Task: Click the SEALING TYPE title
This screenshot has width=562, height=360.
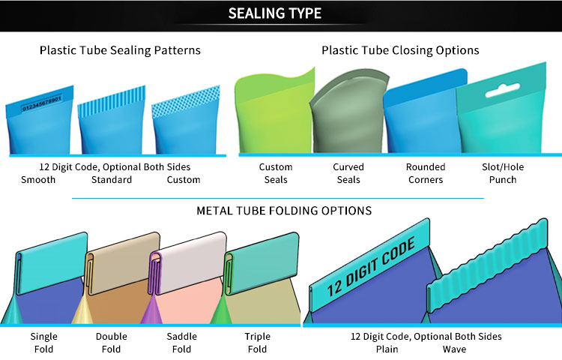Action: (x=275, y=13)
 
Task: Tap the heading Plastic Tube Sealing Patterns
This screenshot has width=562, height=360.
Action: (x=120, y=50)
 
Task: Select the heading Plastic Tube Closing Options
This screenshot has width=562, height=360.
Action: (x=400, y=50)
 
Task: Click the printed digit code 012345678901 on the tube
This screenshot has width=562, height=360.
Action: (x=42, y=103)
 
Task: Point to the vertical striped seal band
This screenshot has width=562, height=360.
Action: (x=112, y=101)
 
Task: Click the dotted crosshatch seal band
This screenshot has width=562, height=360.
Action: (x=186, y=101)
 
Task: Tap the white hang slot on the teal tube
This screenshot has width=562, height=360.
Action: (x=503, y=90)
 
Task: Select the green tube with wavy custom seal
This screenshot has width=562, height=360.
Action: (x=274, y=111)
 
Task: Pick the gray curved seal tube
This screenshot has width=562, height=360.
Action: (x=348, y=112)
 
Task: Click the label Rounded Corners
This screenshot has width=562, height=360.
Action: (x=426, y=173)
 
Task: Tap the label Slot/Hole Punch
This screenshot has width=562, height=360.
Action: (x=503, y=173)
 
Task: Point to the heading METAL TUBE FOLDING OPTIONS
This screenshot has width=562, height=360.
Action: (x=284, y=211)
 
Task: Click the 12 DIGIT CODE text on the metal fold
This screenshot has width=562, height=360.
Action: (x=372, y=267)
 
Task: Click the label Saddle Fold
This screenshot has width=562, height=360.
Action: (x=182, y=343)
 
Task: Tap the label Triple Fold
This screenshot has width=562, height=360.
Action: (x=257, y=343)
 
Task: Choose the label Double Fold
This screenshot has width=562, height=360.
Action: (x=111, y=343)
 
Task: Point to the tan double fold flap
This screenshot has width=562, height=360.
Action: (x=123, y=263)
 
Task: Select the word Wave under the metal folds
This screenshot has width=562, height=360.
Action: (x=454, y=349)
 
